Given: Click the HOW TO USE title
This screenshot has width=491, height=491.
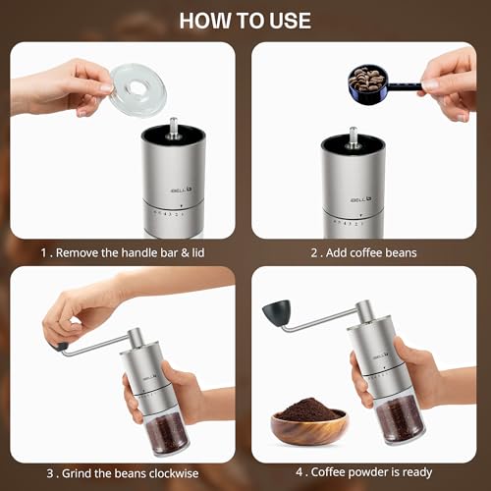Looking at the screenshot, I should pos(245,20).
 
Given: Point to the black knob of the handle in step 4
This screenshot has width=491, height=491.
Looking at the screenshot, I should pos(274,313).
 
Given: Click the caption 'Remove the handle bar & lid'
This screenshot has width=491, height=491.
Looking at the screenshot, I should pos(123,252).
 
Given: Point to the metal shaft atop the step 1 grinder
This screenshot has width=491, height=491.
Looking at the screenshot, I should pos(173,129).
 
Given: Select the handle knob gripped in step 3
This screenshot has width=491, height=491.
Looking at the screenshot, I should pos(60,346).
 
